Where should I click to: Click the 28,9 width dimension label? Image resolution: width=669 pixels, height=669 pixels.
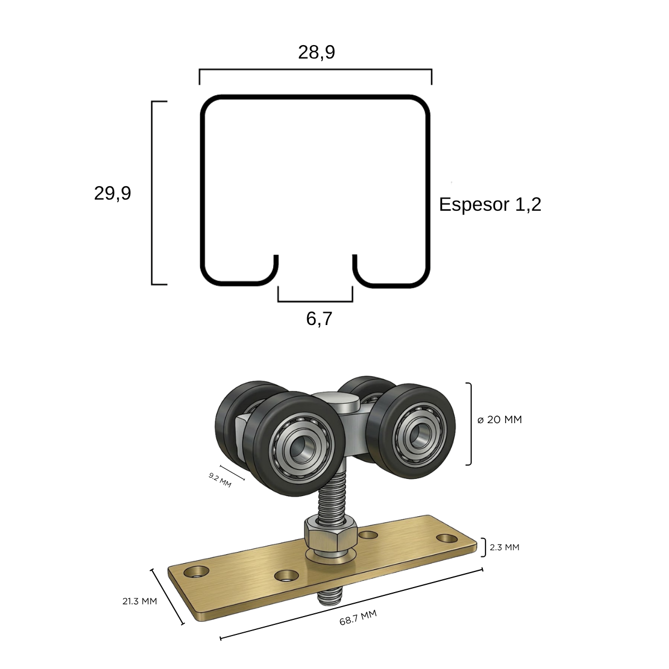click(x=316, y=52)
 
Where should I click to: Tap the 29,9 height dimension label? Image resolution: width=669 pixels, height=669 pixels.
click(x=113, y=193)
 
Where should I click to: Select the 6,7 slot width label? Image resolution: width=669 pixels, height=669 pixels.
click(x=319, y=319)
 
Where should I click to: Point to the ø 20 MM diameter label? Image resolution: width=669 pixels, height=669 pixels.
click(x=500, y=420)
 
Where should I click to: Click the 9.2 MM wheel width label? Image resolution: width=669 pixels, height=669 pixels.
click(x=220, y=479)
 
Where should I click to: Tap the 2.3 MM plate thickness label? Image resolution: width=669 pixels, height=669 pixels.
click(x=505, y=547)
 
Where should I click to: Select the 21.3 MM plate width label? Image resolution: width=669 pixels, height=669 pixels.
click(x=139, y=602)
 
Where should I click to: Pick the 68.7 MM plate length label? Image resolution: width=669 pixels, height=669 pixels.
click(x=358, y=618)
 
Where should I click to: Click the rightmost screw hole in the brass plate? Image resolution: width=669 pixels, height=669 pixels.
click(x=447, y=539)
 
